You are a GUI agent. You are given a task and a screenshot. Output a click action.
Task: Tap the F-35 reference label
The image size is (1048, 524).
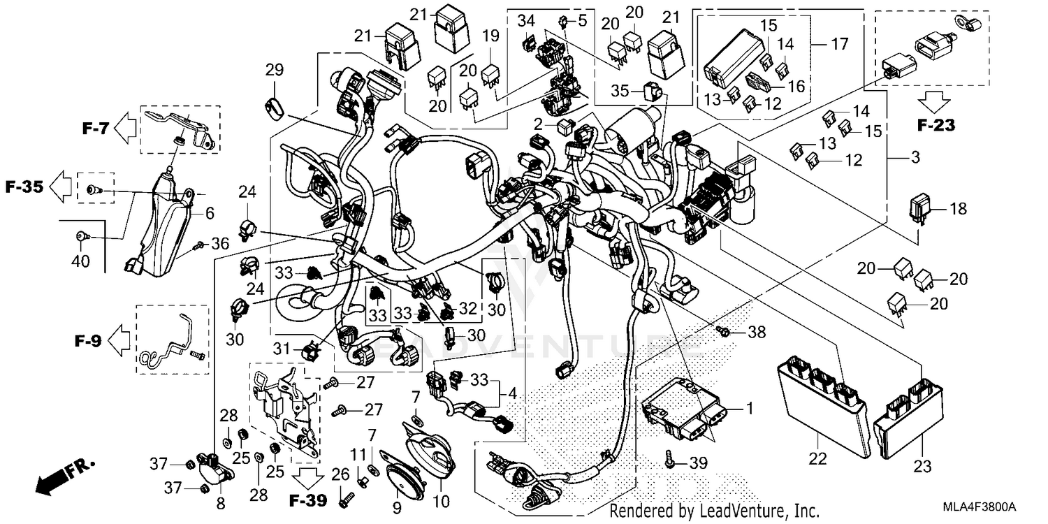click(x=24, y=187)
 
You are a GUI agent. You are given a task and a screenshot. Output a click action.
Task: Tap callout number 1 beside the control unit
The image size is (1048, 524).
click(x=750, y=408)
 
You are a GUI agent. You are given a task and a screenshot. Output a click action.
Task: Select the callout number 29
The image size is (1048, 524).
click(x=274, y=69)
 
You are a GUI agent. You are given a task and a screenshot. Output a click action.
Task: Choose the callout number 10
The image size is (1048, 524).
click(x=442, y=502)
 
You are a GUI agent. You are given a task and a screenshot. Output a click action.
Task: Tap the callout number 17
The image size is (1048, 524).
click(x=839, y=44)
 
